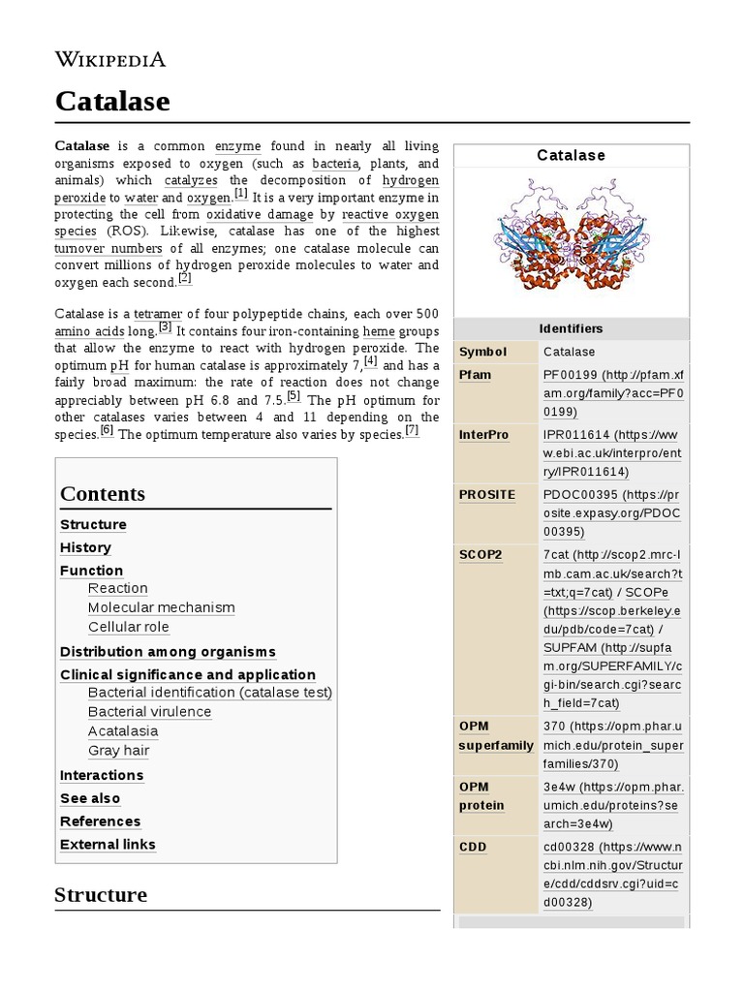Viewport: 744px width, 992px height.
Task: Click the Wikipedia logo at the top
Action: point(110,60)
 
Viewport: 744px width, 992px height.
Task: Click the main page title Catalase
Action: point(112,101)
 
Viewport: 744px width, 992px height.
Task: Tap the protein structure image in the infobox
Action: point(572,238)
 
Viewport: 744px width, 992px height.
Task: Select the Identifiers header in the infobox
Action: point(572,328)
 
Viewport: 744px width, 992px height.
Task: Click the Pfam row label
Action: point(475,375)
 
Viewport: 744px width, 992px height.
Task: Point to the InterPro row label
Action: point(483,435)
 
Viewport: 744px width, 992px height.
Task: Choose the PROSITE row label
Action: point(486,495)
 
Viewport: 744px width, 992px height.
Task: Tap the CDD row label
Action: point(473,847)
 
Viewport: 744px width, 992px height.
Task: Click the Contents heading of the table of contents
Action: point(103,493)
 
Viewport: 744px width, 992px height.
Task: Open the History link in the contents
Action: point(85,547)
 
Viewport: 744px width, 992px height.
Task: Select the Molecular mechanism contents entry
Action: point(161,607)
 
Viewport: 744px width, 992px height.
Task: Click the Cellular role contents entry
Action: point(128,627)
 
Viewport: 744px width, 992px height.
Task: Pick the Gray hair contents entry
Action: point(118,750)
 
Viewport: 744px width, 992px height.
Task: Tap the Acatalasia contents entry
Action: point(122,730)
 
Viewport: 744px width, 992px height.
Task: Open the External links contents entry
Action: point(108,844)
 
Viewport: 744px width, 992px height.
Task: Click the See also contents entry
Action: point(90,798)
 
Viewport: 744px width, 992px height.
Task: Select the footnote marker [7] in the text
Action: point(412,431)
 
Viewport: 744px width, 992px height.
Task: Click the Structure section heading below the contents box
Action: point(101,894)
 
